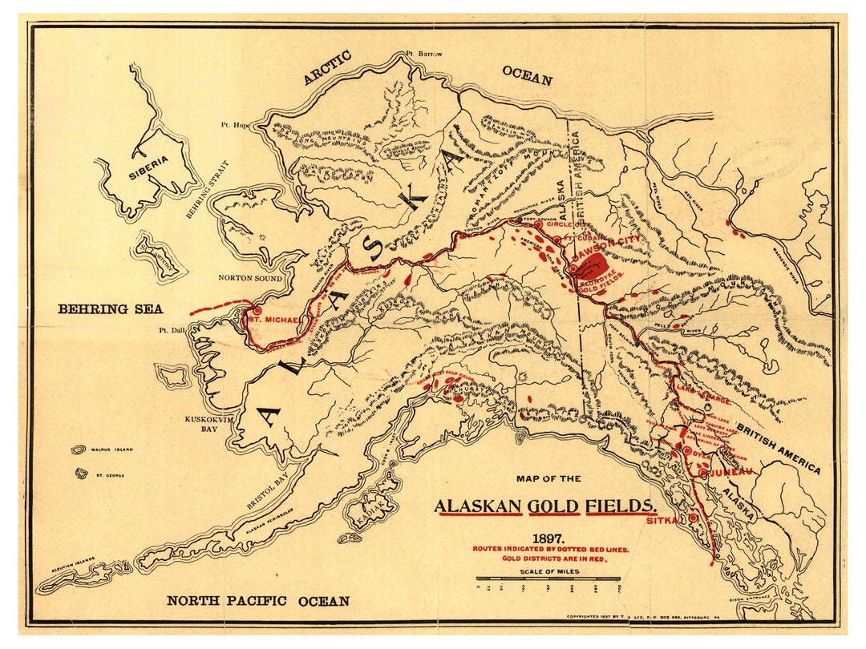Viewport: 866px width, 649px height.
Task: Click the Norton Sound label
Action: pos(251,278)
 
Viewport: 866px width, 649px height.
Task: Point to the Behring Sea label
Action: pos(110,309)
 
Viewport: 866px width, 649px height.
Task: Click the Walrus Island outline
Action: pos(79,450)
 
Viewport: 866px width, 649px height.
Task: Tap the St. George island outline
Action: pos(81,474)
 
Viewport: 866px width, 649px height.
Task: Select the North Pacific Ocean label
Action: pos(257,601)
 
